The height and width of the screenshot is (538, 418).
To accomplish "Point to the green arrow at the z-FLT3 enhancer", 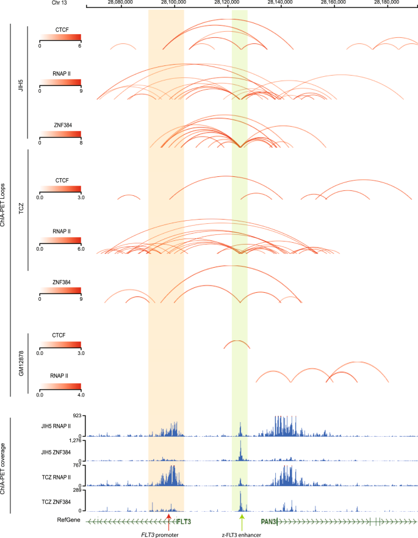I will click(x=242, y=520).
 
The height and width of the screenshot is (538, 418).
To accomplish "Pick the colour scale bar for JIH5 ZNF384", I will click(x=60, y=135).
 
